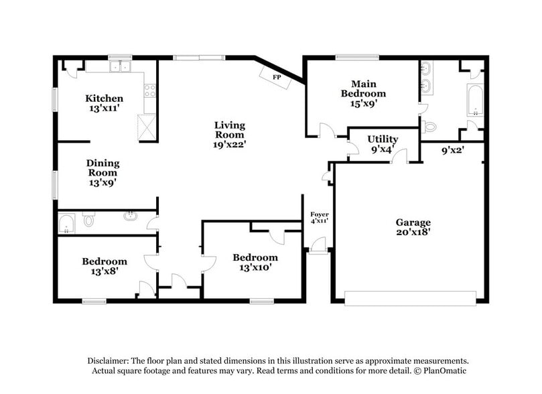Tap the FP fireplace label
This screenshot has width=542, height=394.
275,78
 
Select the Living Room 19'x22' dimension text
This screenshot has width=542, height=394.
230,143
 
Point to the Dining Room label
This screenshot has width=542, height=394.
103,163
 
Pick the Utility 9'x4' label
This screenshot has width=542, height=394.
383,139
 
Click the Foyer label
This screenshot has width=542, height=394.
319,214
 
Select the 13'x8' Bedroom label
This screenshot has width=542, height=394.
104,261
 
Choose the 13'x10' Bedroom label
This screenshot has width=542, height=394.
255,257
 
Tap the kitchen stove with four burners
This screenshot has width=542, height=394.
151,90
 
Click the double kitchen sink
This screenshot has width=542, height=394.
121,66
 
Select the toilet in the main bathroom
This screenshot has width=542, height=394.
429,126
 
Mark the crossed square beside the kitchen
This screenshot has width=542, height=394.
147,126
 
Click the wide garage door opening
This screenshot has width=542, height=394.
410,297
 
